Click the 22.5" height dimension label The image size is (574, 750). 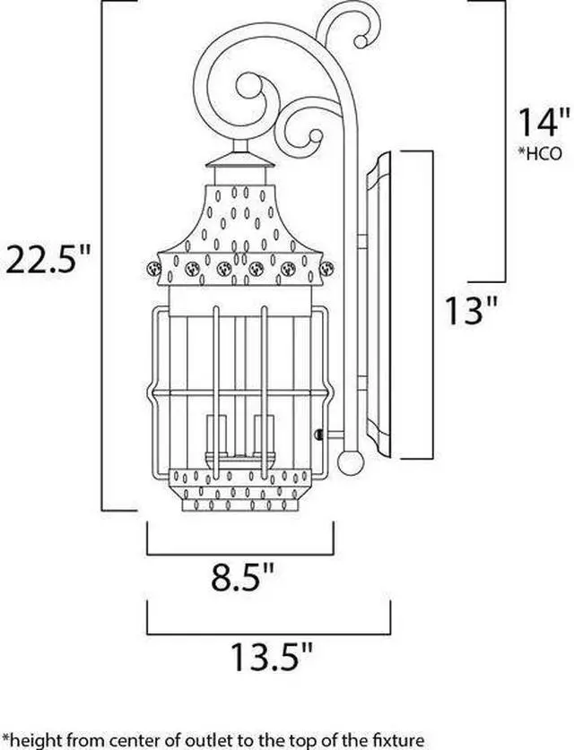pos(48,260)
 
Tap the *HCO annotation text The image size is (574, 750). pos(539,153)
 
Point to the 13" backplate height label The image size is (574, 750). pos(472,313)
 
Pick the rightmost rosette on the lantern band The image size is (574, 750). pos(325,267)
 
